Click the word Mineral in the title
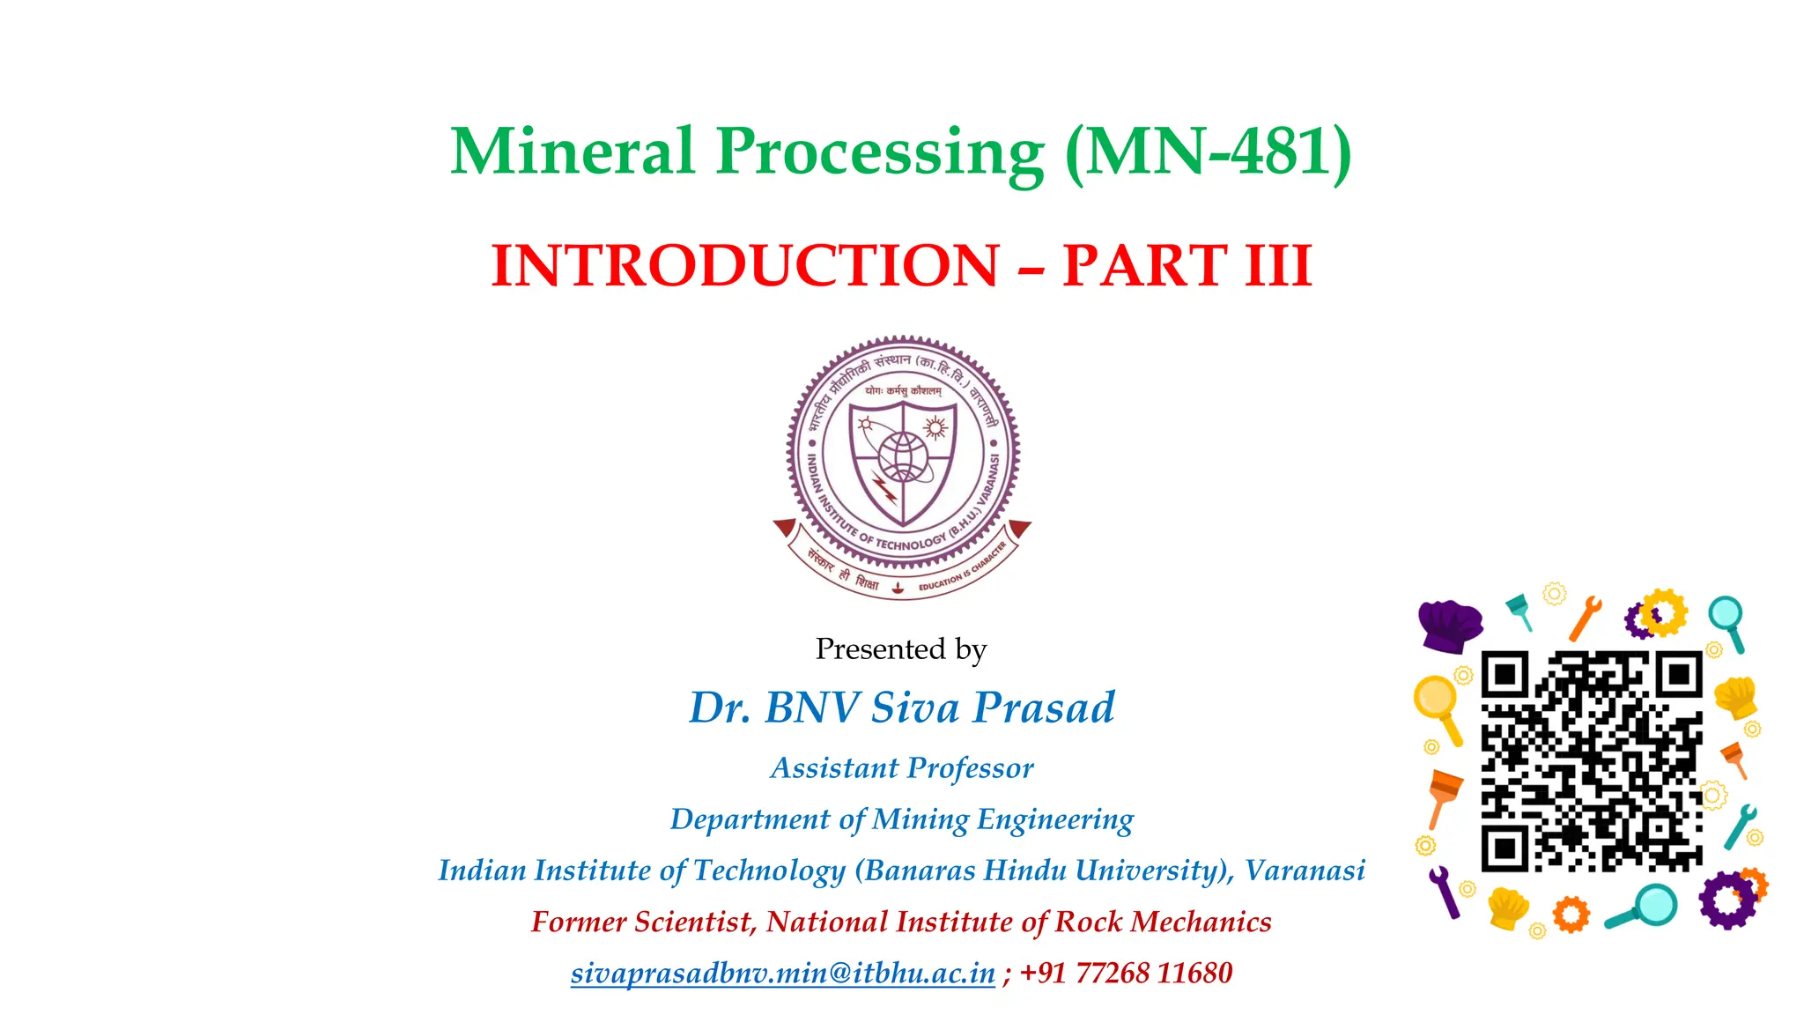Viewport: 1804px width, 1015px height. point(573,152)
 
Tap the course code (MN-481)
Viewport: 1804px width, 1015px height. point(1208,152)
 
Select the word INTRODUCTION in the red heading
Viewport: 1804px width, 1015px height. point(744,265)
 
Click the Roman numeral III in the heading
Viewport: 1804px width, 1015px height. point(1278,265)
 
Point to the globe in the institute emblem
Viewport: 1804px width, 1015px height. point(901,456)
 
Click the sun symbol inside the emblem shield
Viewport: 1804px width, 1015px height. point(935,428)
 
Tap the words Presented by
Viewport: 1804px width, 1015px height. point(900,649)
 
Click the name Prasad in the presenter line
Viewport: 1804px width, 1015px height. point(1044,708)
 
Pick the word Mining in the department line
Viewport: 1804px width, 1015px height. point(921,819)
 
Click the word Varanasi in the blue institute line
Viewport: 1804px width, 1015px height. point(1305,871)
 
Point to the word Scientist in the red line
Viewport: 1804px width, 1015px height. point(693,922)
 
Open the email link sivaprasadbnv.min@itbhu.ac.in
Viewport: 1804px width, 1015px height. point(782,973)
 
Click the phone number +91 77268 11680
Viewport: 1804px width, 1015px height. point(1126,973)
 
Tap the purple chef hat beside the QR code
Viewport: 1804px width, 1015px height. point(1450,625)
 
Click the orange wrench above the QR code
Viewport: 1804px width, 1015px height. point(1585,618)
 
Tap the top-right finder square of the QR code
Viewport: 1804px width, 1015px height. point(1677,676)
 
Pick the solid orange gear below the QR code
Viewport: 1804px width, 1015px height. point(1571,914)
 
